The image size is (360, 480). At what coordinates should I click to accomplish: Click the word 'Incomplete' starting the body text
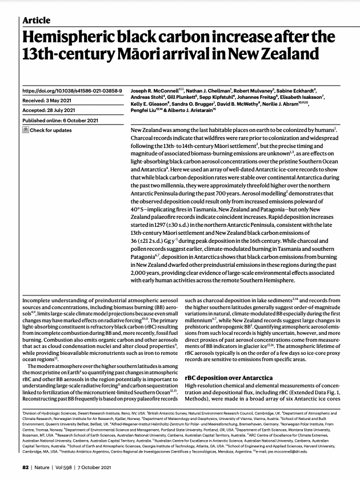[37, 299]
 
